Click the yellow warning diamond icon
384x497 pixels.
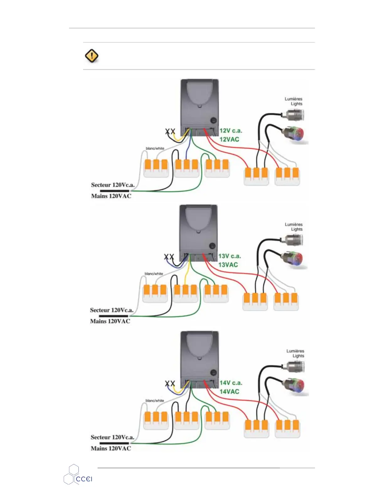(92, 56)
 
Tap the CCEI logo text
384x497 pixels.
(84, 479)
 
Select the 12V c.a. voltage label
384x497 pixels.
(231, 131)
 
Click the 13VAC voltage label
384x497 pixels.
(228, 265)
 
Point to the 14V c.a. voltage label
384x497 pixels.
(231, 383)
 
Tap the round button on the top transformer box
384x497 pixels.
(214, 120)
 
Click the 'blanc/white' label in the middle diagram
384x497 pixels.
(154, 274)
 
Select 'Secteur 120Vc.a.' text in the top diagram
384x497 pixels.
(113, 185)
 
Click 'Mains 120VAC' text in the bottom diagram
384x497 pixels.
(111, 448)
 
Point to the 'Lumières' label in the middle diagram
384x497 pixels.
(294, 224)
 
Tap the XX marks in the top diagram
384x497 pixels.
(170, 131)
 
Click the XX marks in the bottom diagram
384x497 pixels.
(170, 383)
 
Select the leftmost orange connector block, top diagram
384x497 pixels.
(156, 168)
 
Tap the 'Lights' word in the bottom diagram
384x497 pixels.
(298, 356)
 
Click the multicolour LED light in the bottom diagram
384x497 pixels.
(295, 386)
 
